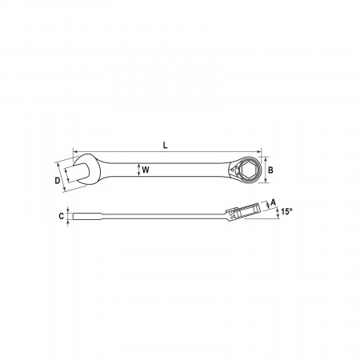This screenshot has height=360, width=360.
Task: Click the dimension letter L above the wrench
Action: [166, 146]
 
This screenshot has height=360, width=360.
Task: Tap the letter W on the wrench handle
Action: [146, 170]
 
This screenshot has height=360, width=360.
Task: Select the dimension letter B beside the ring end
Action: [270, 170]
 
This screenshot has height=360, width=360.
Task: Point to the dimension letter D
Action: [58, 181]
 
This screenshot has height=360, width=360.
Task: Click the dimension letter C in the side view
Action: [62, 216]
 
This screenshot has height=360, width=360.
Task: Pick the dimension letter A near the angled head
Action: [273, 202]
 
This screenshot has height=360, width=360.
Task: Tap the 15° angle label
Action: [286, 212]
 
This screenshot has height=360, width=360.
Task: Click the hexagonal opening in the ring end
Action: [248, 170]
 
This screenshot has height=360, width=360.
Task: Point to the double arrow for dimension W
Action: [138, 170]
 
